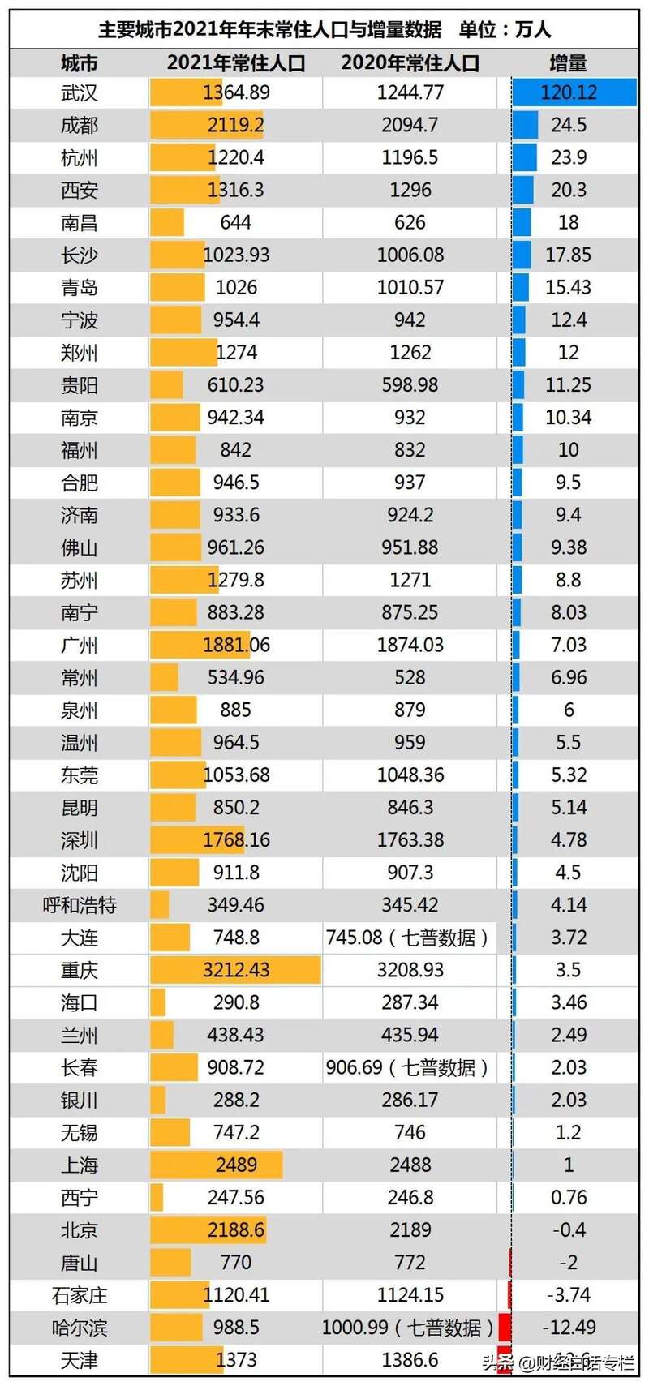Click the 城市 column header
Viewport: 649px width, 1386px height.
point(80,63)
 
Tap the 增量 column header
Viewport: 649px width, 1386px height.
point(568,63)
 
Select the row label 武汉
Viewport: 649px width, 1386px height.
point(80,92)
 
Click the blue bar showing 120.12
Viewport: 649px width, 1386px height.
point(574,92)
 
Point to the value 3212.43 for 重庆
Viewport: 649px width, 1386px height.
point(236,970)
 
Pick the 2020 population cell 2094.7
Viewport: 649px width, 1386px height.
point(410,125)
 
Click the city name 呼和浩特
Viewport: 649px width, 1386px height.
point(80,905)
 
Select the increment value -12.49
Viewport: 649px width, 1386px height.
point(569,1328)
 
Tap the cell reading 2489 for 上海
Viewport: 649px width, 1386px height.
point(236,1165)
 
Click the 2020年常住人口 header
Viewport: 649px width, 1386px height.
point(410,63)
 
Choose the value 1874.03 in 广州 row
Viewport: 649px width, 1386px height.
point(410,645)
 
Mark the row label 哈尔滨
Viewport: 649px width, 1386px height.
point(80,1328)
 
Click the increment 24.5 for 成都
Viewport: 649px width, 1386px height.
point(569,125)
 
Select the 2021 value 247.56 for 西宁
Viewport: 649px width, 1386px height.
point(236,1197)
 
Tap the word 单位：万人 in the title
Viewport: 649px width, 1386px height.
point(505,30)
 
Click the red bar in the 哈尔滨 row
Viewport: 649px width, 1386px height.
point(504,1328)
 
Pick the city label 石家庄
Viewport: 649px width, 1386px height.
point(80,1295)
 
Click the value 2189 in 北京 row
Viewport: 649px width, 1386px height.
point(410,1230)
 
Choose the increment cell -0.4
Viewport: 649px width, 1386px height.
point(569,1230)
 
